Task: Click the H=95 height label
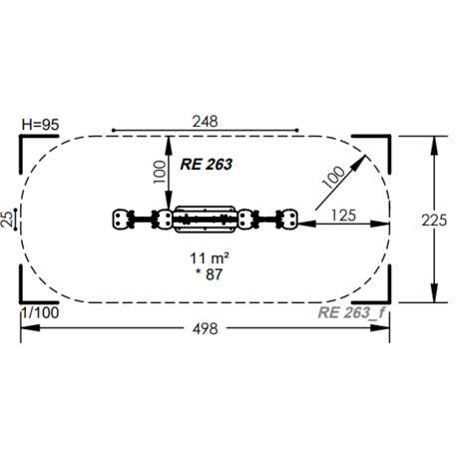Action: (x=40, y=125)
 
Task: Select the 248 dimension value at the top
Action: (x=205, y=122)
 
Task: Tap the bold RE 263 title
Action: (x=206, y=165)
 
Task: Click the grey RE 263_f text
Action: (x=351, y=313)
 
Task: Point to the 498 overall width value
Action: (x=205, y=329)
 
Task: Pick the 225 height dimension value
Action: (x=434, y=221)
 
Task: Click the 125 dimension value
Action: (x=343, y=216)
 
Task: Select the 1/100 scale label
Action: (x=40, y=313)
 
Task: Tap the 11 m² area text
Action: (x=210, y=258)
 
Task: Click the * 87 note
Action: (x=209, y=274)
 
